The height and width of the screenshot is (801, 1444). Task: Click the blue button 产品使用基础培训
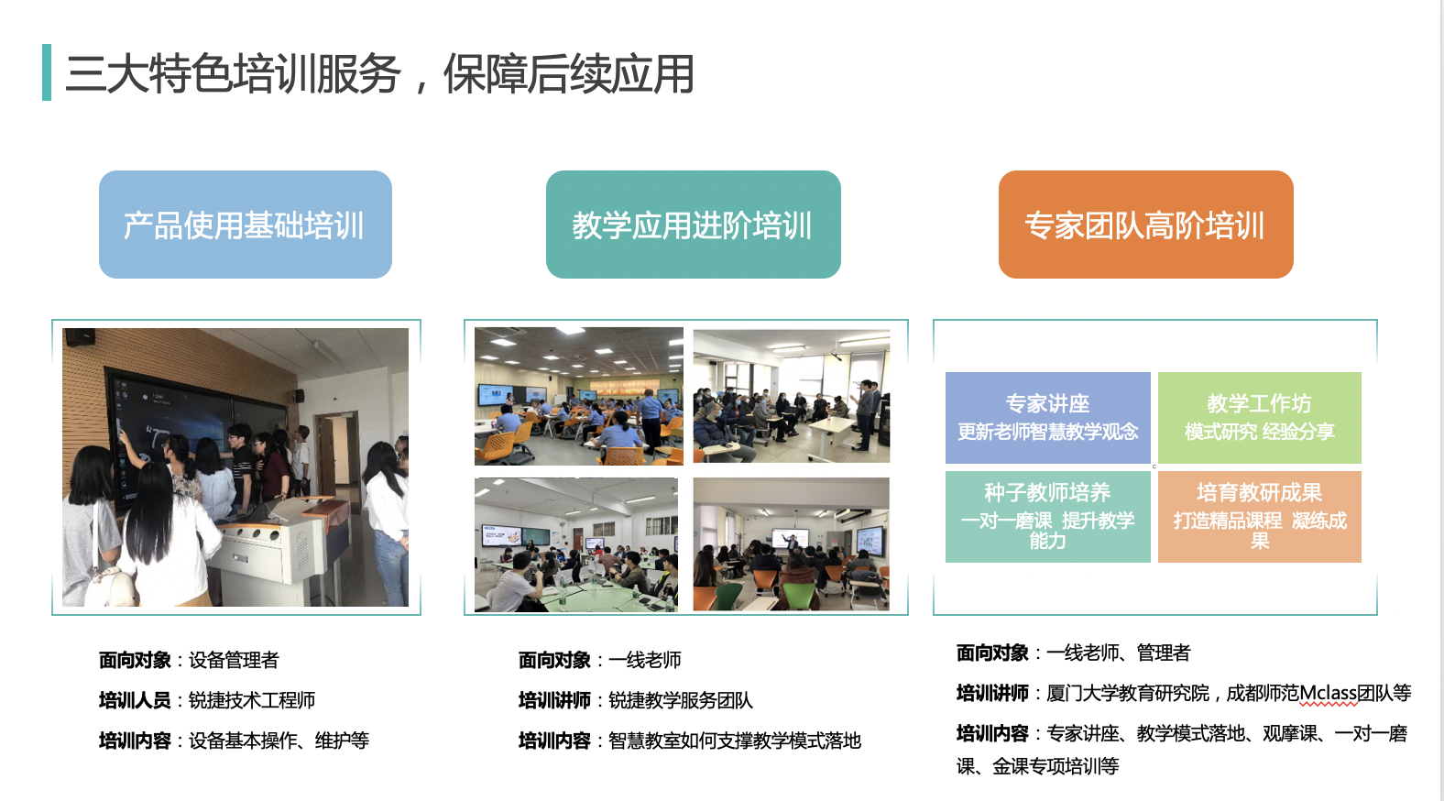[x=245, y=225]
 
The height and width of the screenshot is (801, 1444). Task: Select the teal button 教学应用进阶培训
[x=693, y=225]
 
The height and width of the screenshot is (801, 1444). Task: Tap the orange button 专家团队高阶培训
[x=1145, y=225]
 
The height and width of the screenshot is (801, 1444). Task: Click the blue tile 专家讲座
[x=1047, y=417]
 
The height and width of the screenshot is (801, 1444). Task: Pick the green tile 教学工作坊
[x=1259, y=417]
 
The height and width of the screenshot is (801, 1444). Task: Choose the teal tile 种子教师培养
[x=1047, y=517]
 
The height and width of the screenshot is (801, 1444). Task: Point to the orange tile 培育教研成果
[x=1259, y=517]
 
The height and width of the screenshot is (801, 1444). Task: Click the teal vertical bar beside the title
[x=47, y=72]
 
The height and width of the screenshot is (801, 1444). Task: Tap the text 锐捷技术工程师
[x=251, y=700]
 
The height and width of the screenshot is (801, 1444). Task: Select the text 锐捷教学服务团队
[x=681, y=700]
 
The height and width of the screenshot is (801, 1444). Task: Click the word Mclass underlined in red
[x=1328, y=693]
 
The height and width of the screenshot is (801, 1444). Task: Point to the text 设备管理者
[x=234, y=660]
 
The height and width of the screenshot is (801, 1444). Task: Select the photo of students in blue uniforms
[x=579, y=396]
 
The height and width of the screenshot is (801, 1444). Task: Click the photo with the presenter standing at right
[x=792, y=396]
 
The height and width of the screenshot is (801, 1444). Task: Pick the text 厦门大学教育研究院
[x=1128, y=693]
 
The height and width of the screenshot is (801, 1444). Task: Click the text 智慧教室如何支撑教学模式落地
[x=735, y=741]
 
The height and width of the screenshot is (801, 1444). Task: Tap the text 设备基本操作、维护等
[x=279, y=741]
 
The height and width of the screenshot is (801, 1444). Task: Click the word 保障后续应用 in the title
[x=569, y=73]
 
